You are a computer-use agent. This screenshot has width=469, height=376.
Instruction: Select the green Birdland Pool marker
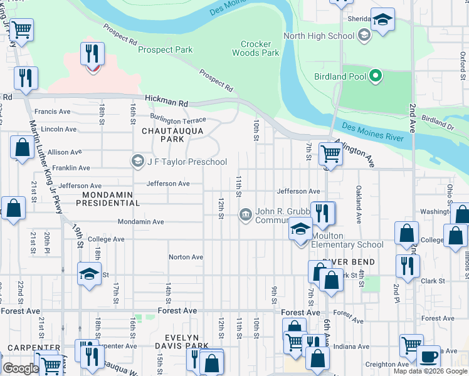point(376,77)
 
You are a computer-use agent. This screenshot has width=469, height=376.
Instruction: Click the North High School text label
point(319,36)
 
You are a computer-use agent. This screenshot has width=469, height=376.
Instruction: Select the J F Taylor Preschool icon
point(137,162)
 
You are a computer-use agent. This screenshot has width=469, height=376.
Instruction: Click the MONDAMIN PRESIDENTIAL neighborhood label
point(108,199)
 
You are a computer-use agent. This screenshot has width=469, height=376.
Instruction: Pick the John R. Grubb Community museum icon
point(246,216)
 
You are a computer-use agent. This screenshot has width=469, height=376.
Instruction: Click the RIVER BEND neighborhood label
point(349,262)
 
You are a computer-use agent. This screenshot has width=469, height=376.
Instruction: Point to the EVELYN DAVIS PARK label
point(182,342)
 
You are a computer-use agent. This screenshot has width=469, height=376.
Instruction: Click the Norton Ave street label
point(186,257)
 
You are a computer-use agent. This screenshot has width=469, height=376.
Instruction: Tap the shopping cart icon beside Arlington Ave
point(330,153)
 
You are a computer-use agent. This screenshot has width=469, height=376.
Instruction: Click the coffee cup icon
point(428,357)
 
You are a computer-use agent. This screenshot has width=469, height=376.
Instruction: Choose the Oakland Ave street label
point(359,204)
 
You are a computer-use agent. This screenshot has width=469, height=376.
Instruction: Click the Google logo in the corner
point(20,368)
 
